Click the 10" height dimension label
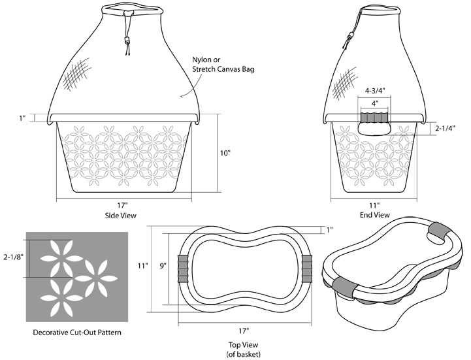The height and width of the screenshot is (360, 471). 225,154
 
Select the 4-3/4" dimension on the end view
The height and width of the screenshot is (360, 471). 374,92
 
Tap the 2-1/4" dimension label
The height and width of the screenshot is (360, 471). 447,129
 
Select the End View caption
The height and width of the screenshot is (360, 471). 374,214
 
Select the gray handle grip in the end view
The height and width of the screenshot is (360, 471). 374,117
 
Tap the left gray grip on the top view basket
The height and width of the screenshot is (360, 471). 183,267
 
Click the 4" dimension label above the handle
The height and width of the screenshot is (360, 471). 374,103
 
